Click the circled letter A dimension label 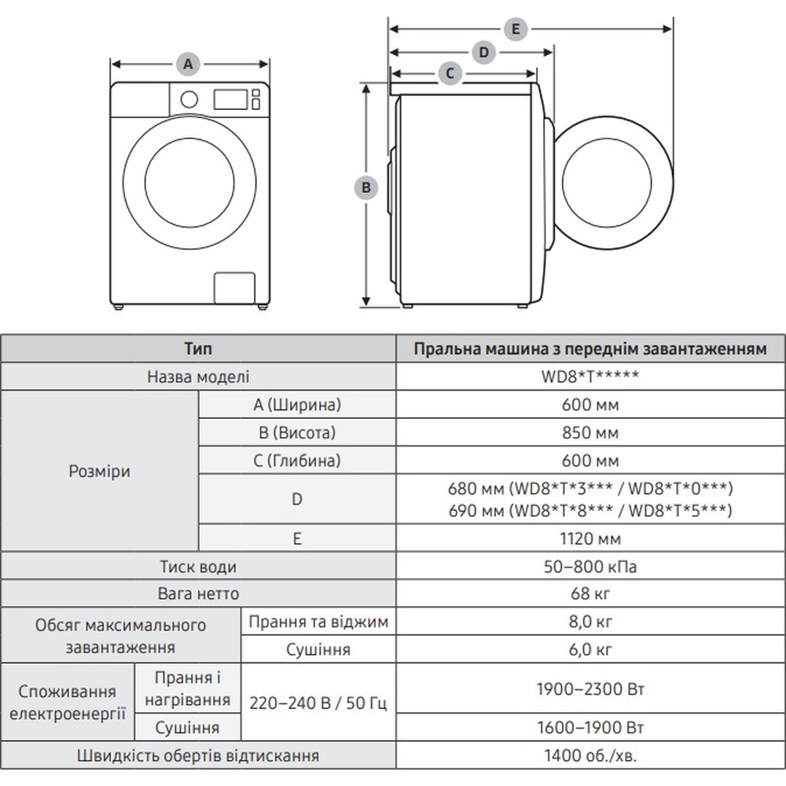point(187,64)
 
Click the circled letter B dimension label point(365,188)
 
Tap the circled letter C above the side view point(450,74)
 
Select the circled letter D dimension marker point(484,53)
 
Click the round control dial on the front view point(189,99)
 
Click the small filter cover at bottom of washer point(235,288)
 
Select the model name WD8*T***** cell point(590,376)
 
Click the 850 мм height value point(590,433)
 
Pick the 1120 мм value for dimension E point(590,538)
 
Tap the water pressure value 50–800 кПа point(590,567)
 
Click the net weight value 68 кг point(590,593)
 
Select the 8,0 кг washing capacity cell point(590,623)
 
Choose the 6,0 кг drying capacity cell point(590,650)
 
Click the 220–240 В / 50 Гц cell point(318,703)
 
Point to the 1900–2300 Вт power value point(590,689)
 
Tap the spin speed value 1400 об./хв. point(590,756)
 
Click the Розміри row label point(100,472)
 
